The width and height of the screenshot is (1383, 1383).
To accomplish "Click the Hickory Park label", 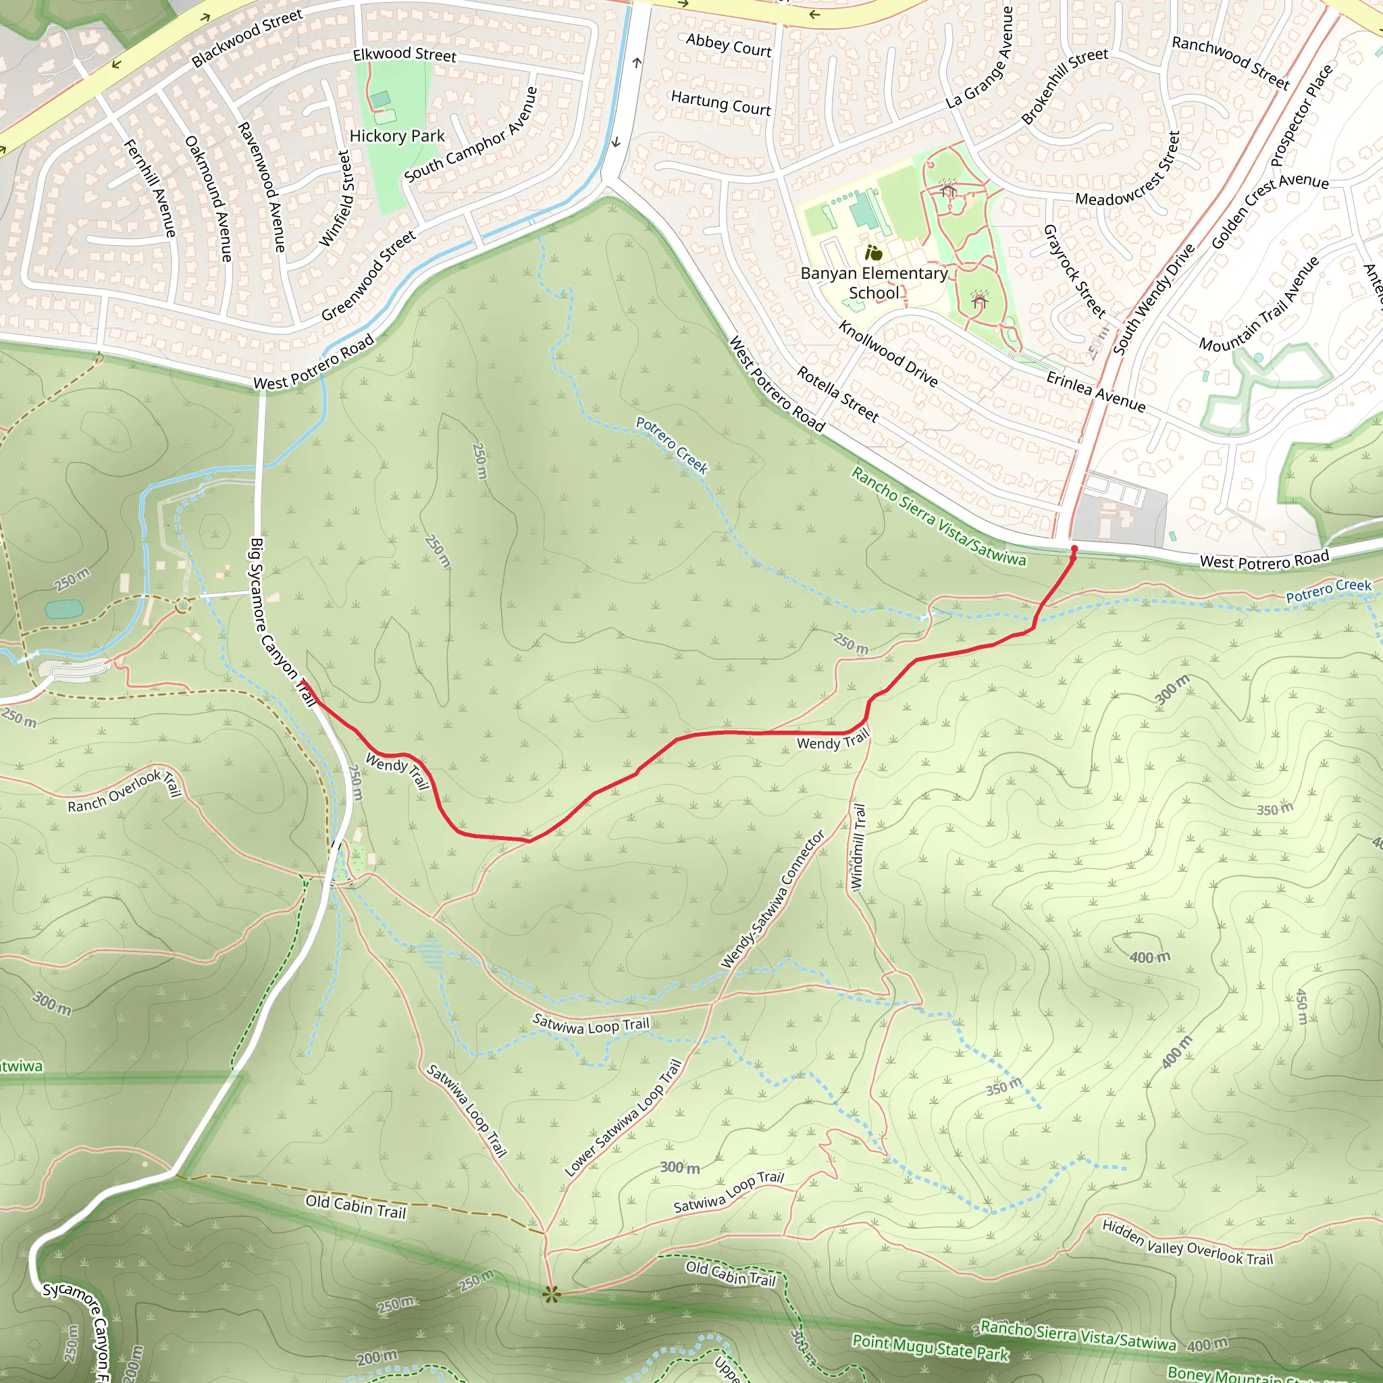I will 396,136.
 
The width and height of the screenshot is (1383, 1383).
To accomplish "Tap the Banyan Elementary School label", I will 873,283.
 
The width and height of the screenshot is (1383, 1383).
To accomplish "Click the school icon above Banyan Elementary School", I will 872,253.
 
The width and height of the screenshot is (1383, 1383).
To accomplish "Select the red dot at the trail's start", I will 1074,549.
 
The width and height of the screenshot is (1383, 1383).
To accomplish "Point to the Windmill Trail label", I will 858,847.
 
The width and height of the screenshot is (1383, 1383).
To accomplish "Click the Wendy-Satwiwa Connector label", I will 773,899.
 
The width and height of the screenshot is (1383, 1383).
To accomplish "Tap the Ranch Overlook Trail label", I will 124,791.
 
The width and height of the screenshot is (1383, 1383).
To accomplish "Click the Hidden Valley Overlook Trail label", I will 1188,1243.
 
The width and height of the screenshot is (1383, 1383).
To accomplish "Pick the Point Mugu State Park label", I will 930,1347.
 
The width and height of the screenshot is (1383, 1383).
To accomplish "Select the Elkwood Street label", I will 405,55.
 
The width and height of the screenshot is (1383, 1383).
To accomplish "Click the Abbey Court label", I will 729,45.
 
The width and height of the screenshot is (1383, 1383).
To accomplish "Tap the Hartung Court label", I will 721,103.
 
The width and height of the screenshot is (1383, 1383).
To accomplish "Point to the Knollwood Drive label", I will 887,355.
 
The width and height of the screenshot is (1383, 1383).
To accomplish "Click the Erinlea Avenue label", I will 1095,391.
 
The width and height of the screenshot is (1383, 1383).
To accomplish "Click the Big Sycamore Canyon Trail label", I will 282,621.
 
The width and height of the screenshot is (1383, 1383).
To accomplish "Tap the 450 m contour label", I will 1302,1006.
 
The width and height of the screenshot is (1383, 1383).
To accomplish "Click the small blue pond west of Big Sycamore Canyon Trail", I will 63,610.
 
